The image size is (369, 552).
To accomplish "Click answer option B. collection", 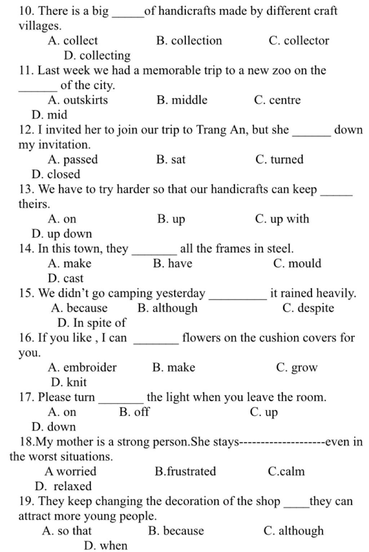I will coord(189,41).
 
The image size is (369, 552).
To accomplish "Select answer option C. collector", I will coord(299,41).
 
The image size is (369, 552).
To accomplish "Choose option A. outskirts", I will coord(77,100).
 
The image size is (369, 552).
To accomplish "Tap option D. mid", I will coord(49,115).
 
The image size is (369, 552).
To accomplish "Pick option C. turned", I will coord(279,159).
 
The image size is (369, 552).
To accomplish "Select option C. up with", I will coord(282,219).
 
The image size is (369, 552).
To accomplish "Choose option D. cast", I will coord(65,278).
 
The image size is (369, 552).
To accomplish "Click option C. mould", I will coord(297,263).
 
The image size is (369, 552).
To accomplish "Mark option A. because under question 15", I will coord(79,308).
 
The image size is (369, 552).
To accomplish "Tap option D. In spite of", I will coord(92,323).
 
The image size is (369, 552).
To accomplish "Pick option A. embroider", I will coord(82,367).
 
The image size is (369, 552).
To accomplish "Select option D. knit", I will coord(69,382).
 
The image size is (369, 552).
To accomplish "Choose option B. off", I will coord(134,412).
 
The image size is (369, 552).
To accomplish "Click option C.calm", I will coord(286,471).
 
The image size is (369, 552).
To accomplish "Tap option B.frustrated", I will coord(185,471).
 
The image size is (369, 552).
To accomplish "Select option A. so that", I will coord(67,531).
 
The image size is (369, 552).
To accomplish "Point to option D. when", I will coord(106,546).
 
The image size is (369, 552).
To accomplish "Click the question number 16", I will coord(26,338).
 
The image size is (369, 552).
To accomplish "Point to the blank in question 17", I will coord(121,400).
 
